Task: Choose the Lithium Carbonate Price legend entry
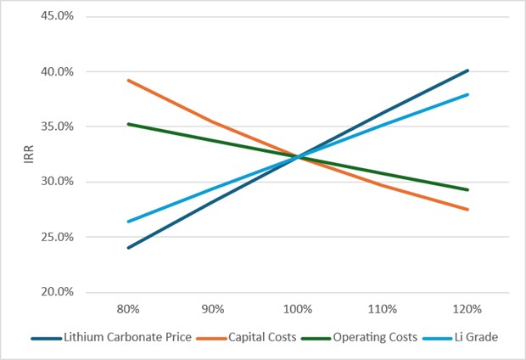tap(120, 337)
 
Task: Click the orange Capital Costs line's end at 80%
tap(128, 80)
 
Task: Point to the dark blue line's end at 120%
tap(467, 70)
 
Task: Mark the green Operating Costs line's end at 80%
tap(128, 124)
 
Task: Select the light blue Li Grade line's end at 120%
tap(467, 94)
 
